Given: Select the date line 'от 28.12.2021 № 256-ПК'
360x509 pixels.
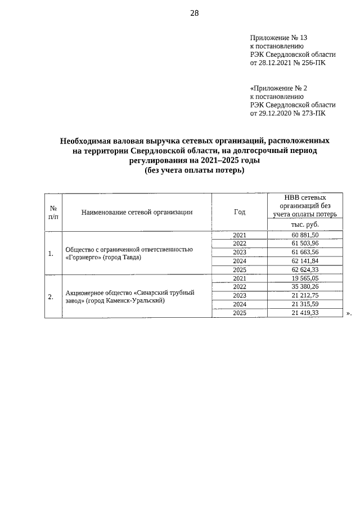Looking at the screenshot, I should pyautogui.click(x=287, y=63).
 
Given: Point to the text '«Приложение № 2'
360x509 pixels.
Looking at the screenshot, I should pyautogui.click(x=278, y=88).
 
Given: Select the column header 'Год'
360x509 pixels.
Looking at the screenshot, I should pyautogui.click(x=240, y=212).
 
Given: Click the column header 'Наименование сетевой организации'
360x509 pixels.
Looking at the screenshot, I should pyautogui.click(x=137, y=212).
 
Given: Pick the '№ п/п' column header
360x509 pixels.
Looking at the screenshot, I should pyautogui.click(x=53, y=212).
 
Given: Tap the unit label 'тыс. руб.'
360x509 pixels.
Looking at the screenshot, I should pyautogui.click(x=305, y=224).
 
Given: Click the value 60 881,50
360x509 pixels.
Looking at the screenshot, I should pyautogui.click(x=305, y=235).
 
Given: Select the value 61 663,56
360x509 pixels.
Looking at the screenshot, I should pyautogui.click(x=305, y=252).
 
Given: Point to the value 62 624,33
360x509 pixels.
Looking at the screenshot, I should pyautogui.click(x=305, y=269).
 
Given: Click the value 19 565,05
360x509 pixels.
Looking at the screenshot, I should pyautogui.click(x=305, y=278).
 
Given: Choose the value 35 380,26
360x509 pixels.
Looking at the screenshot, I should pyautogui.click(x=305, y=287).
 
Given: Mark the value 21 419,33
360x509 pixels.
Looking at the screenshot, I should pyautogui.click(x=305, y=313).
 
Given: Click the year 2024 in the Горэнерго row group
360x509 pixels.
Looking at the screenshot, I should pyautogui.click(x=240, y=261).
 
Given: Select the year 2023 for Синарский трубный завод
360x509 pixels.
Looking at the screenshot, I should pyautogui.click(x=240, y=295).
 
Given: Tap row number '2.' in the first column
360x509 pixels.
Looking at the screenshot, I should pyautogui.click(x=51, y=296).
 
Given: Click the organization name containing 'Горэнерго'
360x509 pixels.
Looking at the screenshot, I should pyautogui.click(x=129, y=253).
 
